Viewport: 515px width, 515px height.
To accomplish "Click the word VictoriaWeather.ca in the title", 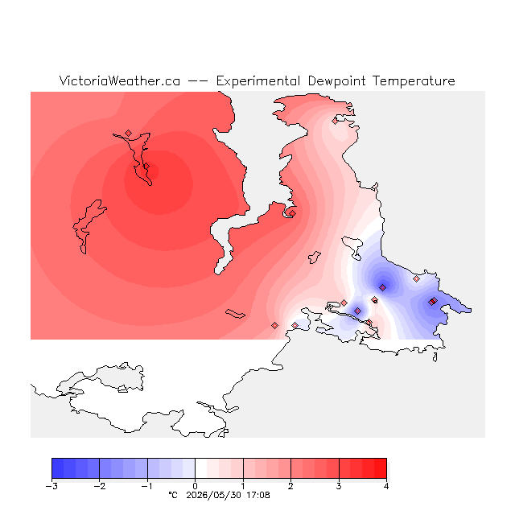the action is pos(120,80).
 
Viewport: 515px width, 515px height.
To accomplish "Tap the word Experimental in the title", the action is pos(258,81).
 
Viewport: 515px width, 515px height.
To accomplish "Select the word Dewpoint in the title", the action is pos(336,81).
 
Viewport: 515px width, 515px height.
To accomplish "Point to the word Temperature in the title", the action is pos(414,81).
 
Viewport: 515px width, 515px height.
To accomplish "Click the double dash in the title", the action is pos(198,81).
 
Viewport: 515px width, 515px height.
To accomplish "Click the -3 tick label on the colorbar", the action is pos(51,486).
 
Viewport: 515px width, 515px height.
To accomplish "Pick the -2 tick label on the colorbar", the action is pos(99,486).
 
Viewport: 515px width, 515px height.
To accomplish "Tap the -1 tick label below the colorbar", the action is pos(147,486).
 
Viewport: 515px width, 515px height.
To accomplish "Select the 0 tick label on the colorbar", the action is pos(195,486).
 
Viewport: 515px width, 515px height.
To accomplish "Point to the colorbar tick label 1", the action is pos(243,486).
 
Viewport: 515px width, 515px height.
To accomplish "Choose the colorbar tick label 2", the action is pos(290,486).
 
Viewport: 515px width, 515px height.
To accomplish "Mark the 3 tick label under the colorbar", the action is pos(339,486).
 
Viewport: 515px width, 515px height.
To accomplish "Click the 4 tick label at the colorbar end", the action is pos(386,486).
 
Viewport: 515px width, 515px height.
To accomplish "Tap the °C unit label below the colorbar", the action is pos(173,495).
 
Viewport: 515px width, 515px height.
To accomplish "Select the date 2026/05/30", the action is pos(213,496).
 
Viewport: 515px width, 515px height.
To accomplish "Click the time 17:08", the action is pos(258,495).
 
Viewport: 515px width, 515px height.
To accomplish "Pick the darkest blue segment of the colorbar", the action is pos(58,468).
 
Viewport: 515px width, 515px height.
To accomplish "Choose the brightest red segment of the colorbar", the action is pos(381,468).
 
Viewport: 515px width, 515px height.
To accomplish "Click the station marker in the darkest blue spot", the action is pos(383,288).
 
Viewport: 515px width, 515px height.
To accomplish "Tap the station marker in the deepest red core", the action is pos(146,167).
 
